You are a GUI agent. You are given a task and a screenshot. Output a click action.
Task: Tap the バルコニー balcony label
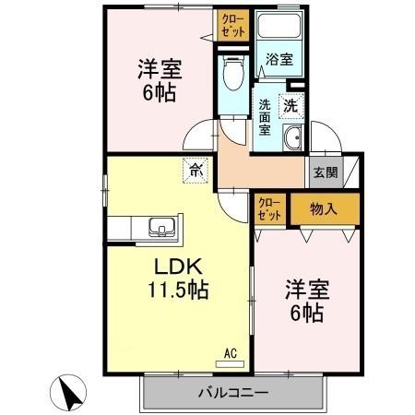[x=231, y=392]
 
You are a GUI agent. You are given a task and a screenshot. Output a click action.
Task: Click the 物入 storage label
[x=324, y=207]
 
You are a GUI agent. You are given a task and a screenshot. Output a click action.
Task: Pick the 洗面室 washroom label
[x=264, y=117]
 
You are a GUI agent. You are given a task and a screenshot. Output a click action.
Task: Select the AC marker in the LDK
[x=231, y=351]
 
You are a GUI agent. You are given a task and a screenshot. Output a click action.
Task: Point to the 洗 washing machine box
[x=290, y=105]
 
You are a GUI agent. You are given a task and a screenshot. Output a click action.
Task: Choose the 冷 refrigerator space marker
[x=195, y=169]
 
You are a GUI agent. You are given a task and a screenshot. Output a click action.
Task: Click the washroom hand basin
[x=292, y=140]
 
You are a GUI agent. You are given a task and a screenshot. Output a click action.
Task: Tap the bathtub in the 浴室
[x=282, y=30]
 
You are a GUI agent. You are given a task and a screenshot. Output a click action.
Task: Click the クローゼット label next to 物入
[x=269, y=208]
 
